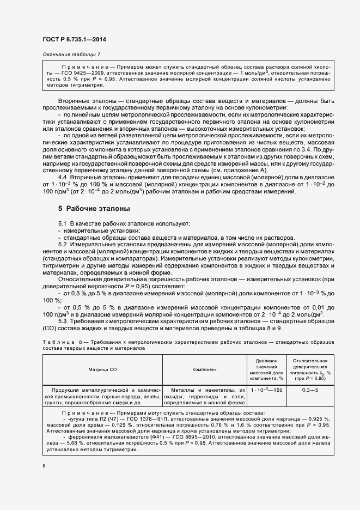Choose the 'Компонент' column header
(204, 370)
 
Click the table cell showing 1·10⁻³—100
(267, 391)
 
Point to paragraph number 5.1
(63, 224)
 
